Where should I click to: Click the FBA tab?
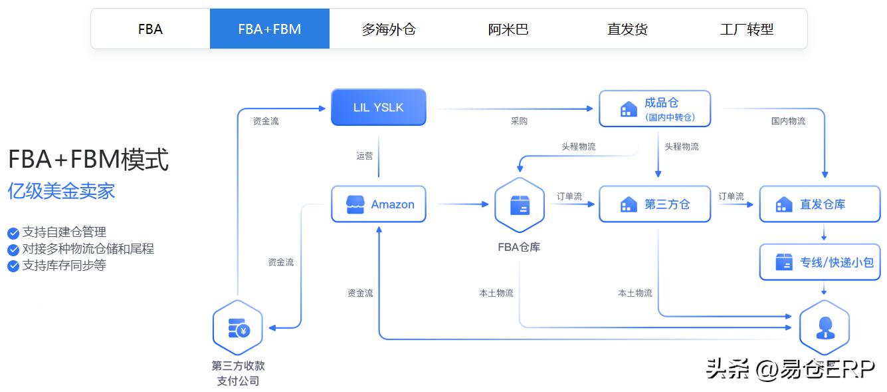click(150, 29)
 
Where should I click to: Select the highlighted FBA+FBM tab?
click(270, 29)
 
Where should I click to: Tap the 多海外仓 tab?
click(389, 29)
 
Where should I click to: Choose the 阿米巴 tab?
click(508, 29)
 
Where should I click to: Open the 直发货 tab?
click(627, 29)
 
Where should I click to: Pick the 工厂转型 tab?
click(747, 29)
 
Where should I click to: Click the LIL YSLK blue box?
click(379, 107)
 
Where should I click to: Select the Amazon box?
click(379, 204)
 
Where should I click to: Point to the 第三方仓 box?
click(655, 204)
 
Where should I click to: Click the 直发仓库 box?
click(820, 204)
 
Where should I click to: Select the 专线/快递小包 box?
click(820, 262)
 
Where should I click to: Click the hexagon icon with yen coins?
click(238, 327)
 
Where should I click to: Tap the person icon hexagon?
click(825, 327)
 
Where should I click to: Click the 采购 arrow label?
click(519, 121)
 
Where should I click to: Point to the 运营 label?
click(365, 156)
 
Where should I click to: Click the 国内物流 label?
click(788, 121)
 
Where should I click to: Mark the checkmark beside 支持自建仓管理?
click(13, 233)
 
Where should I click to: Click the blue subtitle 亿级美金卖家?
click(61, 191)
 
